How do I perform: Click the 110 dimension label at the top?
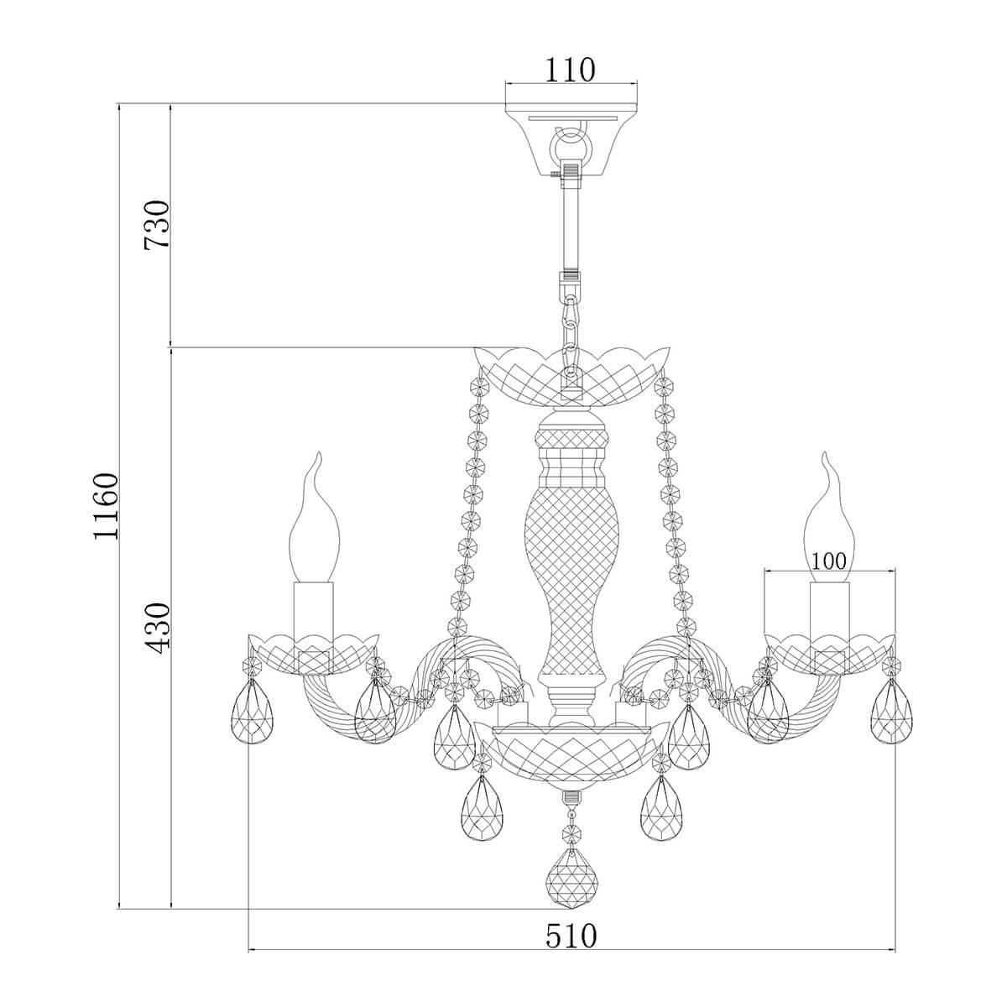point(570,70)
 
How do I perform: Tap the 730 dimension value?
point(158,224)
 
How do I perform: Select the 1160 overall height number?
point(107,506)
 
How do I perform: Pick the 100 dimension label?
point(828,561)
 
